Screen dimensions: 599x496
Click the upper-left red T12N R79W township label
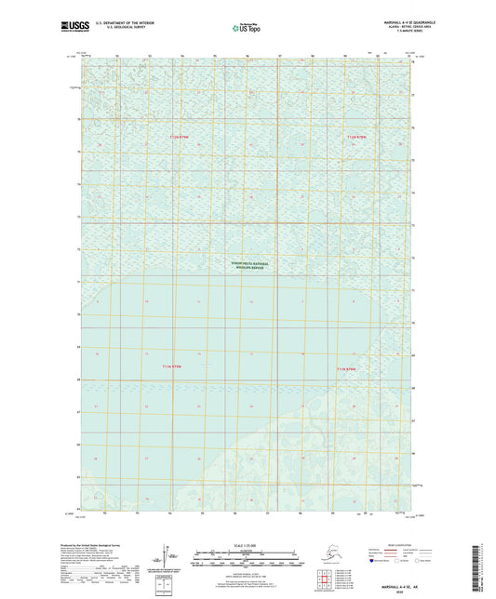[179, 138]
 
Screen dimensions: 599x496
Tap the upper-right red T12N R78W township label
[357, 138]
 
